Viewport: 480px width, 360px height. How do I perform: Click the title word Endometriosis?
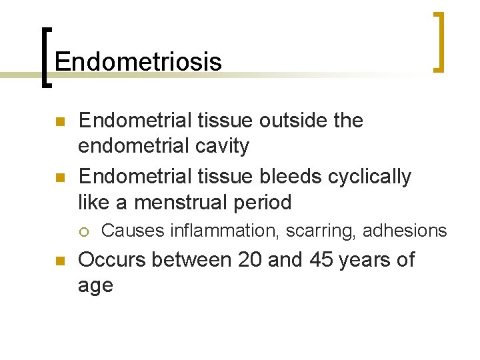(138, 62)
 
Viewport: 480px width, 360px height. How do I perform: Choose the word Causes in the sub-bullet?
(133, 231)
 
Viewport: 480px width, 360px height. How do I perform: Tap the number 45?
(322, 259)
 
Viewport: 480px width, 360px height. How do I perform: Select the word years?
(367, 260)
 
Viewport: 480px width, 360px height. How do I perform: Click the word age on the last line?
(96, 286)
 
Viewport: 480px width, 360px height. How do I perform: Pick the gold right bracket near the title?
(439, 41)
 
